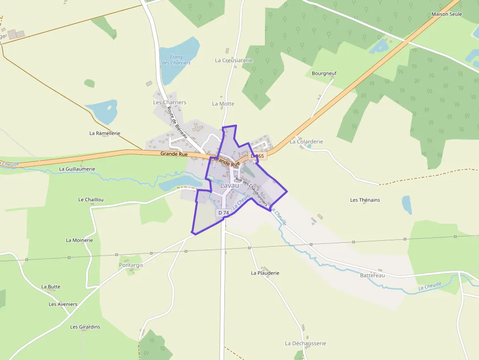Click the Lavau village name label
230,186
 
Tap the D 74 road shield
223,213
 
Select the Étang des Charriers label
176,60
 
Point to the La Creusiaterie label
234,60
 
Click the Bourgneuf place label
324,73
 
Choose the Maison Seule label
446,14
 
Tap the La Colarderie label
306,142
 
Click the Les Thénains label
365,200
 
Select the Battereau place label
372,275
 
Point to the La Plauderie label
265,273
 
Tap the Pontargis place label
131,265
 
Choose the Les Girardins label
85,327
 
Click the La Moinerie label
79,240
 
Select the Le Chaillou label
91,200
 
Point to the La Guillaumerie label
77,169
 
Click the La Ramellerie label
105,133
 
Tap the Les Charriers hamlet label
170,103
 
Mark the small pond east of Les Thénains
407,205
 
